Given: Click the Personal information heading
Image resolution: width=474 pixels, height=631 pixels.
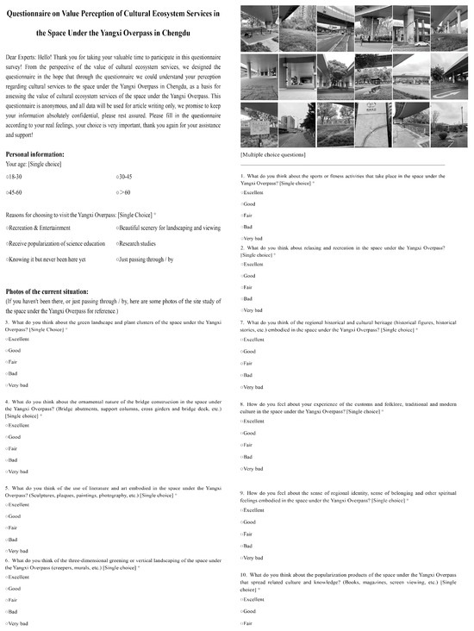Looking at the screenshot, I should (42, 153).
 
